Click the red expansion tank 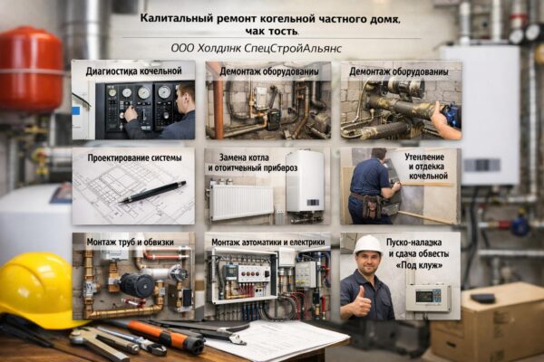coord(31,68)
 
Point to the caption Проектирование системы coord(134,157)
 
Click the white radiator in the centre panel coord(241,202)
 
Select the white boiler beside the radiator coord(305,180)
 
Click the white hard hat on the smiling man coord(368,244)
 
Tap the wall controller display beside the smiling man coord(427,296)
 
